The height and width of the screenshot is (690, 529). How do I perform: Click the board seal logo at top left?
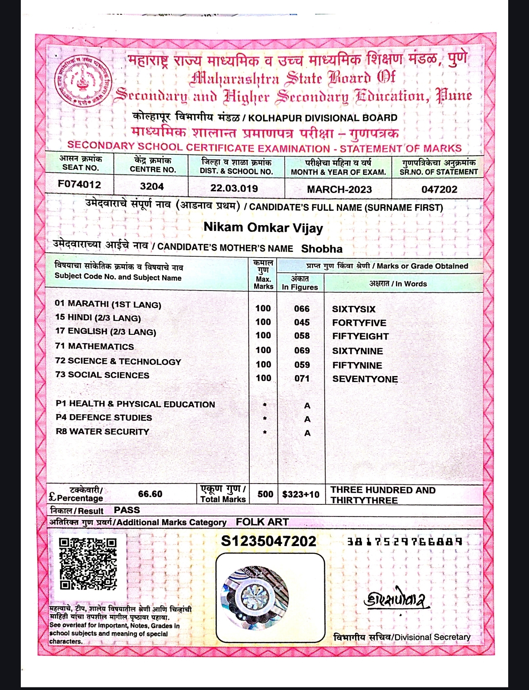coord(82,81)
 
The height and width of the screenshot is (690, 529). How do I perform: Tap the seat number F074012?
coord(79,184)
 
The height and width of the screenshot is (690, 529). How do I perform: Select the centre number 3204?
coord(152,186)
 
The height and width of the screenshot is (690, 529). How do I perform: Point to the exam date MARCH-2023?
coord(339,189)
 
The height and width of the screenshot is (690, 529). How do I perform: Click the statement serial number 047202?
coord(439,189)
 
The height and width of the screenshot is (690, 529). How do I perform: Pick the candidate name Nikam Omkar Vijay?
coord(263,227)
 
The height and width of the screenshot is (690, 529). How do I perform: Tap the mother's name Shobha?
coord(322,249)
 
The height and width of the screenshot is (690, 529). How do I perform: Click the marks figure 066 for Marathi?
coord(302,309)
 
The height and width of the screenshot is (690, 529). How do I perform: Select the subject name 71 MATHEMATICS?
coord(95,347)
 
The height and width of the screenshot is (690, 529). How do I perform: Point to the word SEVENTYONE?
coord(365,379)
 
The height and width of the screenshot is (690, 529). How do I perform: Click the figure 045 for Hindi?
coord(302,322)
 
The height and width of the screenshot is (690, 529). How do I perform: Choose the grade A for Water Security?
coord(307,433)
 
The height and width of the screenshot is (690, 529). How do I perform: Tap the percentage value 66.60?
coord(150,494)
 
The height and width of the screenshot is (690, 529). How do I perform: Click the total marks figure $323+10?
coord(300,494)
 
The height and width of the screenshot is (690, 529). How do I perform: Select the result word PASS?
coord(127,510)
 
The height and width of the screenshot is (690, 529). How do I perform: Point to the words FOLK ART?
coord(262,522)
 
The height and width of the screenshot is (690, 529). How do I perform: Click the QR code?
coord(88,563)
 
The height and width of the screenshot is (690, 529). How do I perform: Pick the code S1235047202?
coord(268,541)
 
